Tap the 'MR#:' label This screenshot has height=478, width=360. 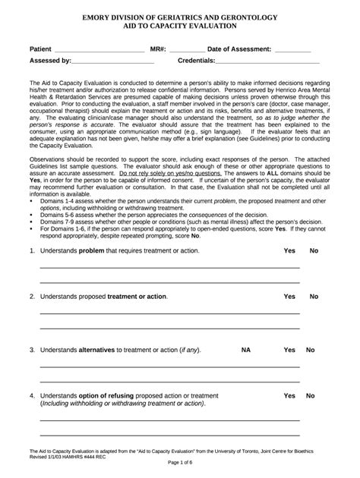[x=158, y=49]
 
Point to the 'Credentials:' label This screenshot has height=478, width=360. [x=201, y=61]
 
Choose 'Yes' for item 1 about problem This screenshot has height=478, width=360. [x=289, y=250]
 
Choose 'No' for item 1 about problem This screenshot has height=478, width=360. [x=314, y=250]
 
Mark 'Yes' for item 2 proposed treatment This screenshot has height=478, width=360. [x=289, y=297]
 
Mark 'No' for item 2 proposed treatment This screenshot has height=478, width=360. [x=314, y=297]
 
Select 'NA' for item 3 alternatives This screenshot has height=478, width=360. [x=246, y=351]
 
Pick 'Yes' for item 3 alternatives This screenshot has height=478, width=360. [x=289, y=351]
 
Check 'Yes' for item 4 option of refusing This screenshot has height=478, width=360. [x=289, y=396]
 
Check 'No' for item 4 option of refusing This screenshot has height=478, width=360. [x=310, y=396]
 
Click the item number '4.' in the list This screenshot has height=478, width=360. [x=32, y=396]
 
